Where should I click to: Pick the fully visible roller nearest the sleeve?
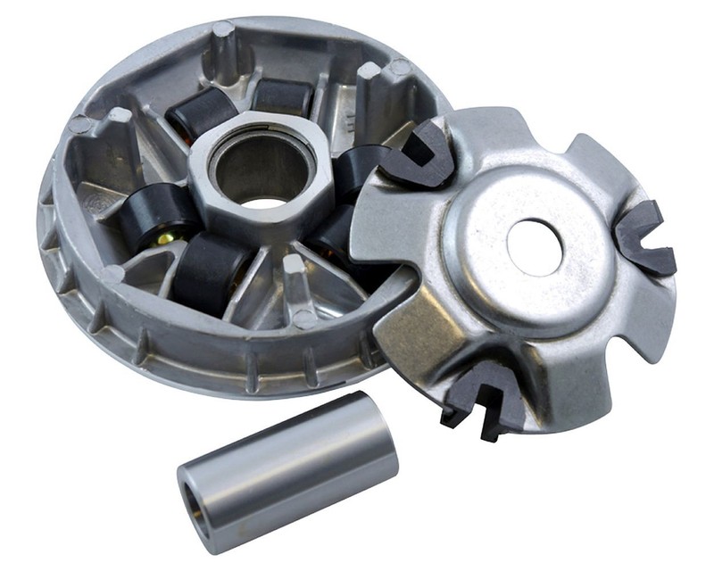point(212,272)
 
